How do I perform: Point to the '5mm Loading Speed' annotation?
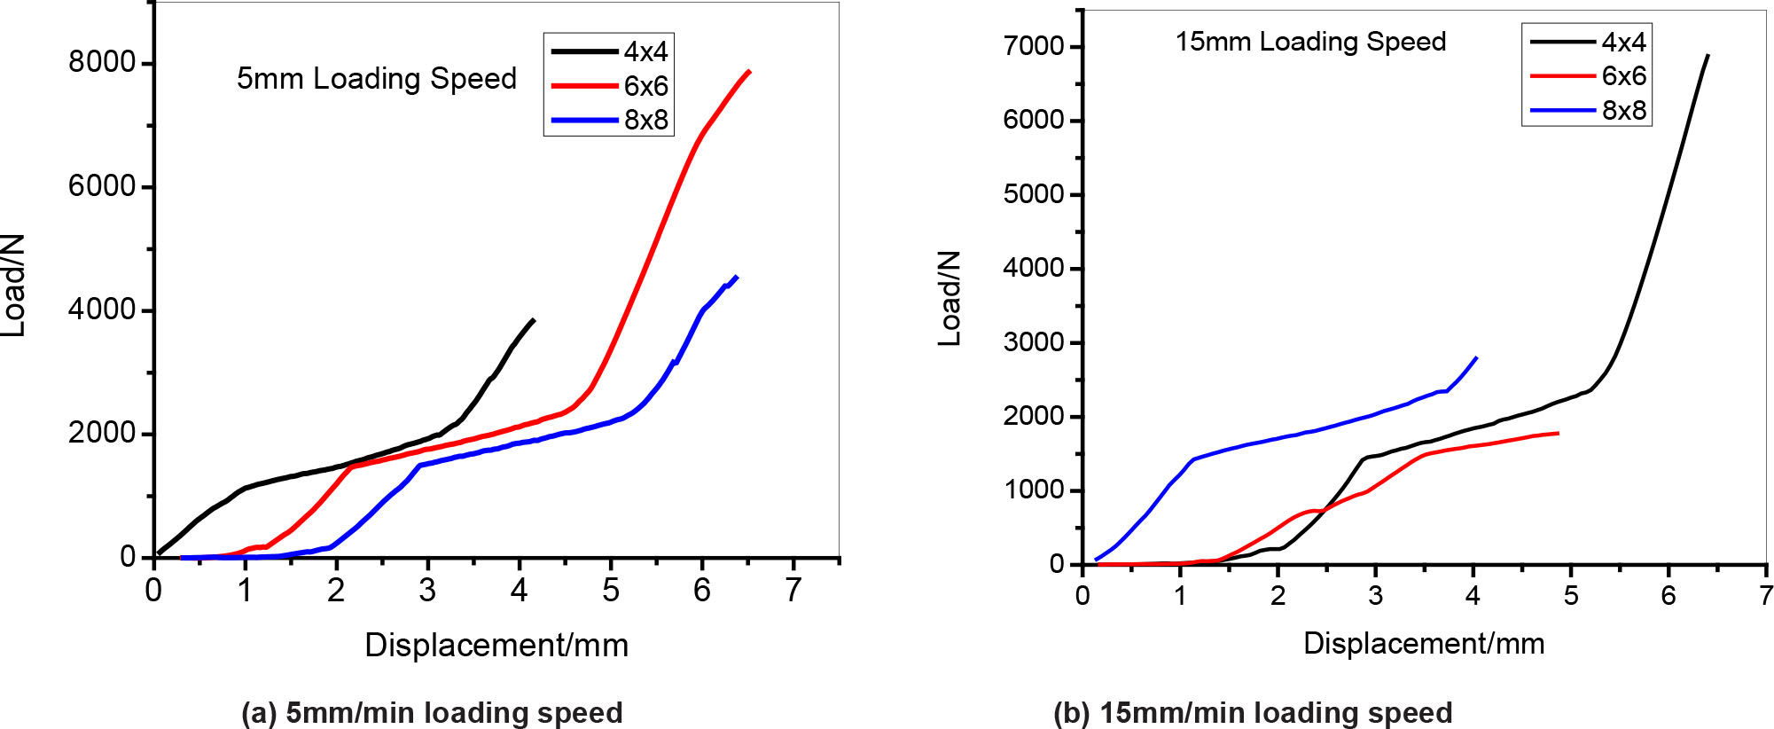tap(376, 79)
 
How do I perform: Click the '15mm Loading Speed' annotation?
tap(1310, 42)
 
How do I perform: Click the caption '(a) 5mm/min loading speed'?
tap(432, 712)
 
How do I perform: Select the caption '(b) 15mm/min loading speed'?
tap(1252, 712)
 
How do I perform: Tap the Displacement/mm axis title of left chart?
tap(496, 645)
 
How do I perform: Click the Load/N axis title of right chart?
tap(950, 298)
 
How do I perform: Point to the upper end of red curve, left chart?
tap(749, 71)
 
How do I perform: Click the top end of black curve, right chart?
tap(1708, 55)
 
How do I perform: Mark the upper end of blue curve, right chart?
tap(1476, 357)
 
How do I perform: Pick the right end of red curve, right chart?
tap(1558, 433)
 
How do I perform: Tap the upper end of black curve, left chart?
tap(534, 319)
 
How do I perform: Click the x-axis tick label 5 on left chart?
tap(610, 590)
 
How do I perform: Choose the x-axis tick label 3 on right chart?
tap(1375, 595)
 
